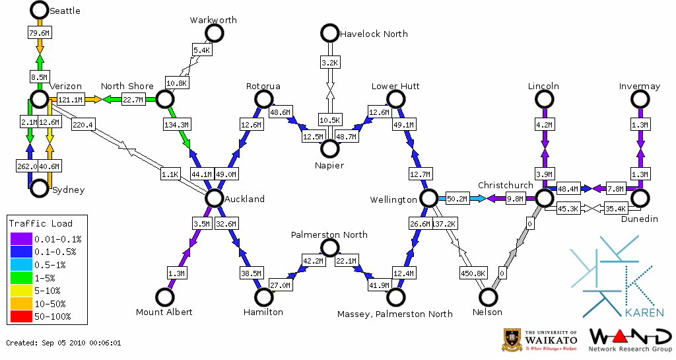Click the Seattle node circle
pos(39,10)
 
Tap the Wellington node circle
pos(428,198)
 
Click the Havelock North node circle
pos(329,33)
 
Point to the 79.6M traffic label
pos(39,32)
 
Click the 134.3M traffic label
pos(176,124)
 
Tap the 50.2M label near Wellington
pos(457,198)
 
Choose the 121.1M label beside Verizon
pos(70,100)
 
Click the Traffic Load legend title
pos(41,223)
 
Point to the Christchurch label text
pos(505,185)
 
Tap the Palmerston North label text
pos(329,235)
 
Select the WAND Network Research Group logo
pos(630,340)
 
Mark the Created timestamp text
pos(63,343)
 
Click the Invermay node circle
pos(640,99)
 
